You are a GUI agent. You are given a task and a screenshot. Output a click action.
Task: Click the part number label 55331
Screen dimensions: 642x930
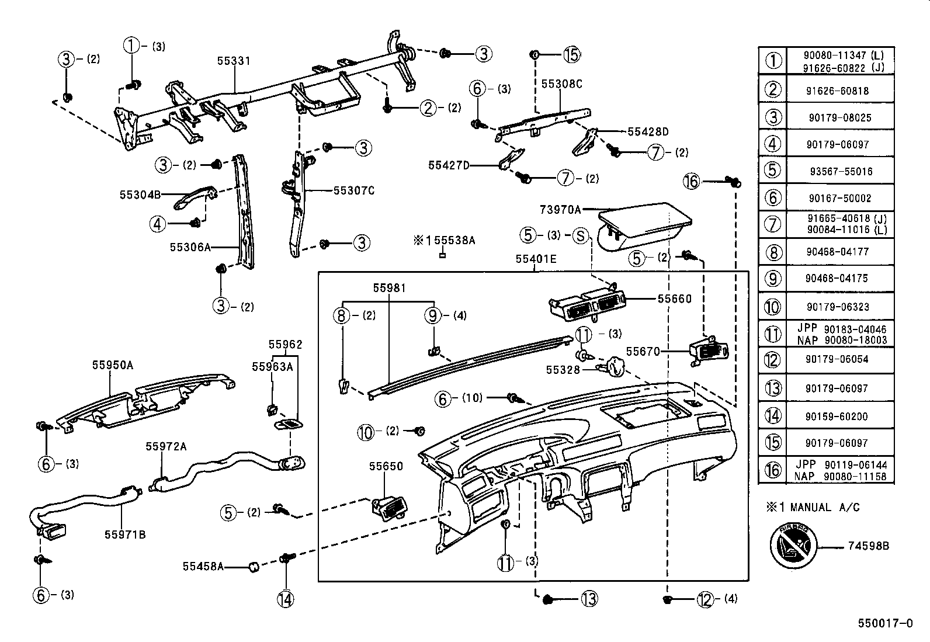pyautogui.click(x=233, y=61)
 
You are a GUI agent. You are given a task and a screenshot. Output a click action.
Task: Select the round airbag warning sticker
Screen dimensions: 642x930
pyautogui.click(x=793, y=546)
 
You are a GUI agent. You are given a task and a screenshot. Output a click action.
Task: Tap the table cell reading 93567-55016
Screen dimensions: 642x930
pyautogui.click(x=841, y=171)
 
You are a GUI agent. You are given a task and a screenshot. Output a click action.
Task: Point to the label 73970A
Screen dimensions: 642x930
pyautogui.click(x=560, y=209)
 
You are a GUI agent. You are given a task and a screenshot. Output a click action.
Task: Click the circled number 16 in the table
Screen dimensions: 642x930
pyautogui.click(x=772, y=470)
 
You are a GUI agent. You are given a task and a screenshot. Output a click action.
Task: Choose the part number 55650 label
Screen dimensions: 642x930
pyautogui.click(x=386, y=466)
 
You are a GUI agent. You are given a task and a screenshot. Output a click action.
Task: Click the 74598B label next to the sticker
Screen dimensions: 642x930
pyautogui.click(x=868, y=546)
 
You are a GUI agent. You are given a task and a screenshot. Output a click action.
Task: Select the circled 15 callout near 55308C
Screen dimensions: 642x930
pyautogui.click(x=572, y=54)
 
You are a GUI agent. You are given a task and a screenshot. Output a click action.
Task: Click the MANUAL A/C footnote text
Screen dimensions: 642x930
pyautogui.click(x=824, y=508)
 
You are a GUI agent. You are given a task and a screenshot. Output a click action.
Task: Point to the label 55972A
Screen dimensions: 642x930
pyautogui.click(x=166, y=447)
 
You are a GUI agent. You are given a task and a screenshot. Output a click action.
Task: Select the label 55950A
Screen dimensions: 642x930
pyautogui.click(x=112, y=365)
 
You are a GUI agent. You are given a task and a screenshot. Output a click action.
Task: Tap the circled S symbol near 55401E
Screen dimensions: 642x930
pyautogui.click(x=580, y=235)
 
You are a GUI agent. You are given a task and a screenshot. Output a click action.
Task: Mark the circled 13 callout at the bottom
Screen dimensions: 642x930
pyautogui.click(x=589, y=598)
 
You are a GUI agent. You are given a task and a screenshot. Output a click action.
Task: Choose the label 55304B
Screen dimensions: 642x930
pyautogui.click(x=140, y=195)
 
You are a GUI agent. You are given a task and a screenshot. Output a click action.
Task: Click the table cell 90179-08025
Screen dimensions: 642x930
pyautogui.click(x=840, y=117)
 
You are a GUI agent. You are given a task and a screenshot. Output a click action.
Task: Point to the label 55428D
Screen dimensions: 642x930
pyautogui.click(x=648, y=132)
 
